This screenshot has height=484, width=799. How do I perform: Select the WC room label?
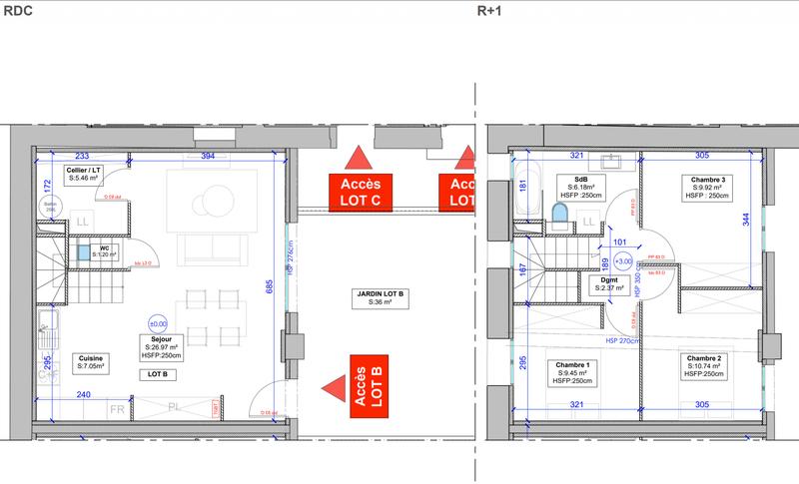(104, 251)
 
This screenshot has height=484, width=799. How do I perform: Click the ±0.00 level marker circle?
(158, 323)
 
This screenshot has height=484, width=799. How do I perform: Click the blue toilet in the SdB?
(559, 215)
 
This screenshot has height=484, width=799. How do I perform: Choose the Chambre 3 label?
(705, 187)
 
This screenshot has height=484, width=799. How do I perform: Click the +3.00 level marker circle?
(624, 261)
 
